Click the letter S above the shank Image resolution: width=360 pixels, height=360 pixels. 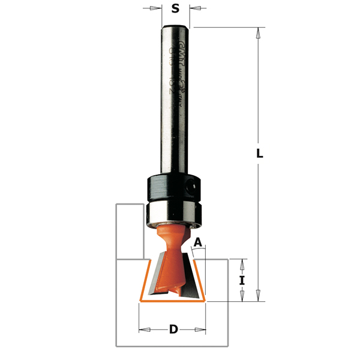click(x=175, y=8)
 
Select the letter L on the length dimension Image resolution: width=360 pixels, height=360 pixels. click(x=260, y=153)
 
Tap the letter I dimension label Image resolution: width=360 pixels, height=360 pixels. click(x=243, y=280)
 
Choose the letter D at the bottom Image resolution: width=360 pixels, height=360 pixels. click(x=173, y=329)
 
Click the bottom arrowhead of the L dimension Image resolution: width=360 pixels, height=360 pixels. click(x=259, y=295)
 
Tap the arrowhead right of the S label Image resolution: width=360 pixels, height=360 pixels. click(x=196, y=8)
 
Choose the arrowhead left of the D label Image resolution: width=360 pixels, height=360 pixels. click(x=145, y=329)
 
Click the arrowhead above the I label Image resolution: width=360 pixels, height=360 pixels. click(x=243, y=264)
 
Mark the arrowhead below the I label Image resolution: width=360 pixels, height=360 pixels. click(x=243, y=296)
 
